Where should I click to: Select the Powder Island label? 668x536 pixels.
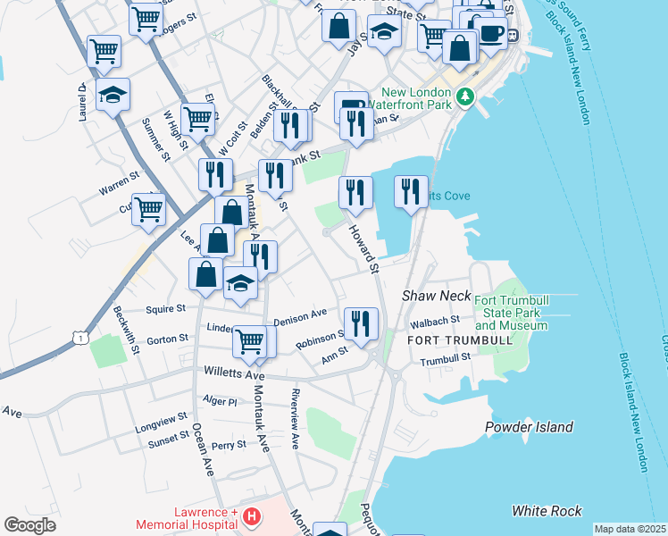coord(529,427)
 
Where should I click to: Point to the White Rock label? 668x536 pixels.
coord(547,511)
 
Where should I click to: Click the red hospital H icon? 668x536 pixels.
coord(252,516)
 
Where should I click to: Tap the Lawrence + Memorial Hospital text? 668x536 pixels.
coord(187,519)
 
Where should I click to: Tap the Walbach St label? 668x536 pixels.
coord(435,320)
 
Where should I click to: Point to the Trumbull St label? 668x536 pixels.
coord(445,358)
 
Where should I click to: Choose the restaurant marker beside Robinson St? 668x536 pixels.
coord(361,323)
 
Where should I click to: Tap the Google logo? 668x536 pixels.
coord(29,524)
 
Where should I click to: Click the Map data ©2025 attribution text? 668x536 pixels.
coord(630,529)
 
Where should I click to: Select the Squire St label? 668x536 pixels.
coord(167,308)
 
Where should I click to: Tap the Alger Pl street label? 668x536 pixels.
coord(220,401)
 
